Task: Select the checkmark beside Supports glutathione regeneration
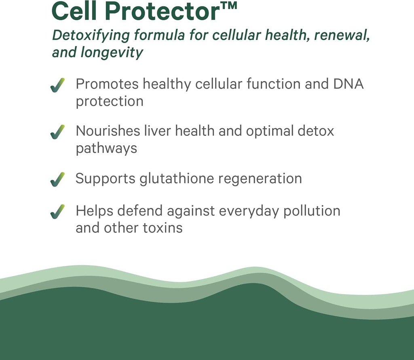57,179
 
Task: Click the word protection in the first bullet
110,101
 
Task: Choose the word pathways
106,148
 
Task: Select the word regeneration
262,179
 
